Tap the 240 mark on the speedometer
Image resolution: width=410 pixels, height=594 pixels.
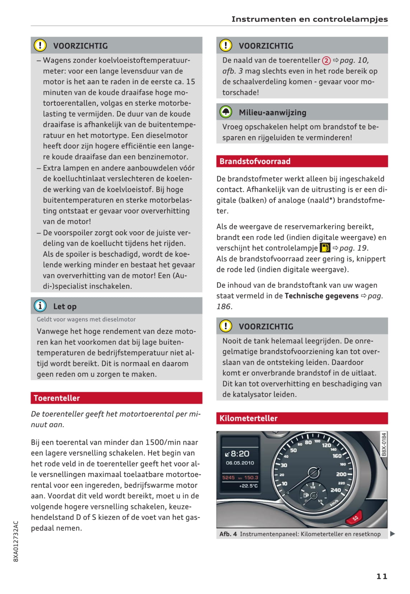(336, 490)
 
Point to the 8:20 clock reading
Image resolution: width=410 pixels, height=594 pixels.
(239, 454)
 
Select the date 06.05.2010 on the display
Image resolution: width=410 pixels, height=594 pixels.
(240, 463)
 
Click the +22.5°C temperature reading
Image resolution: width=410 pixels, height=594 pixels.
(248, 486)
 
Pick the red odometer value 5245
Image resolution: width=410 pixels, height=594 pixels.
(228, 478)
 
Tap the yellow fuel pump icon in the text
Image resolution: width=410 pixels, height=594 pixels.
(325, 248)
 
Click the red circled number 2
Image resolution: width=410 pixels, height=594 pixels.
(326, 60)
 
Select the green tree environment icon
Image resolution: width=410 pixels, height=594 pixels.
(226, 112)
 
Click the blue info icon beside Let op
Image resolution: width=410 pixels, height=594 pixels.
(40, 306)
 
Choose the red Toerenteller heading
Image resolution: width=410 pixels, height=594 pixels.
(57, 398)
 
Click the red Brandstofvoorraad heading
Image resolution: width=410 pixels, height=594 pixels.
(255, 161)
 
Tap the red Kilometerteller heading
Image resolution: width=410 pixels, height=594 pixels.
(248, 418)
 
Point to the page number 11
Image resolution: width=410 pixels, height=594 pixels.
(382, 576)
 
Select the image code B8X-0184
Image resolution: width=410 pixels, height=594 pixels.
(384, 445)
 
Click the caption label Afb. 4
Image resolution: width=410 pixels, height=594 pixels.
(228, 534)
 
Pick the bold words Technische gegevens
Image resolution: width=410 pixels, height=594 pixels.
(321, 296)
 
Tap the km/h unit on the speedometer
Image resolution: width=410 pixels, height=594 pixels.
(334, 503)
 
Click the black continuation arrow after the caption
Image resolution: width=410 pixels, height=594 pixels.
(392, 534)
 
